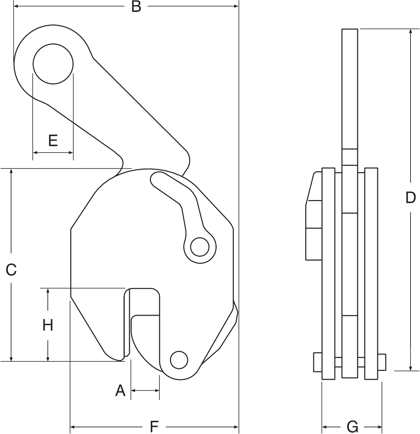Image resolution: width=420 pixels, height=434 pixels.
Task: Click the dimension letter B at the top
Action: [136, 6]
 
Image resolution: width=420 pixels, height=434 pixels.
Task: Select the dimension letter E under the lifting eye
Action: [53, 140]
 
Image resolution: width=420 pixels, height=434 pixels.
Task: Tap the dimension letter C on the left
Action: [11, 270]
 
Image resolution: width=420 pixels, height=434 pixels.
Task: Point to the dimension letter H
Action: [48, 325]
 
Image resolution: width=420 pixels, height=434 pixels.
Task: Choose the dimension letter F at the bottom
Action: [154, 427]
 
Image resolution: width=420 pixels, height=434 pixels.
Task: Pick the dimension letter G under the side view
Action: [353, 427]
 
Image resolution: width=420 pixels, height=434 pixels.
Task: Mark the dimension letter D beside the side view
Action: [411, 198]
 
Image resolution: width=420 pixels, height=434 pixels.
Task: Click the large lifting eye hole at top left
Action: [53, 64]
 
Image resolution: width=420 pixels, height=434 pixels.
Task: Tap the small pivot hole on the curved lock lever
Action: [200, 247]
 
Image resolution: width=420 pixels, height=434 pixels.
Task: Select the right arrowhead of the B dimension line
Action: [236, 6]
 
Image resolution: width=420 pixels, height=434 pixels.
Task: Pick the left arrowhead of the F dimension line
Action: [73, 427]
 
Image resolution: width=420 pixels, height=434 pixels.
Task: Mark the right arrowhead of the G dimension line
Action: [380, 427]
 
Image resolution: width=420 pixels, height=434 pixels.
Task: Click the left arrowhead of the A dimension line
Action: [133, 390]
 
